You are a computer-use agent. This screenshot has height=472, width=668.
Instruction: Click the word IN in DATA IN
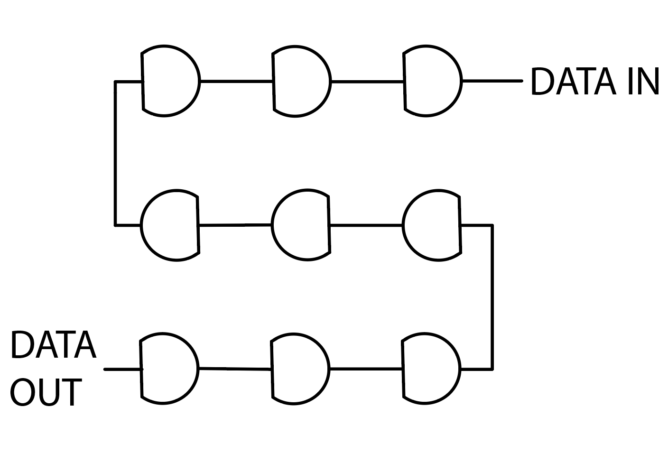coord(644,81)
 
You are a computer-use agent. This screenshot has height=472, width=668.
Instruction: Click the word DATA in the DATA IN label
coord(574,81)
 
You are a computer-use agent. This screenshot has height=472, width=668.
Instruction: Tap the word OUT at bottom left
coord(46,392)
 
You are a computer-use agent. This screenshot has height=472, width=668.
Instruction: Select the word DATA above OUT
coord(54,345)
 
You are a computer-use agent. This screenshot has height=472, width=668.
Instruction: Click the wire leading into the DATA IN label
coord(492,81)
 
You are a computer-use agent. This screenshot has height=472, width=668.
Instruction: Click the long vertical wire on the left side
coord(115,153)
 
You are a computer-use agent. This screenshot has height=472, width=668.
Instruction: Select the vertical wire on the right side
coord(492,297)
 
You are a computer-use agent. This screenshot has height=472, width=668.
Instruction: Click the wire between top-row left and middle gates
coord(236,81)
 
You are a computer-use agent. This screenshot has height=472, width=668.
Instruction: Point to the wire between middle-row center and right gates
coord(366,225)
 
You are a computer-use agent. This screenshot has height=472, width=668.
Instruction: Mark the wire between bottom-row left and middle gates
coord(235,369)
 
